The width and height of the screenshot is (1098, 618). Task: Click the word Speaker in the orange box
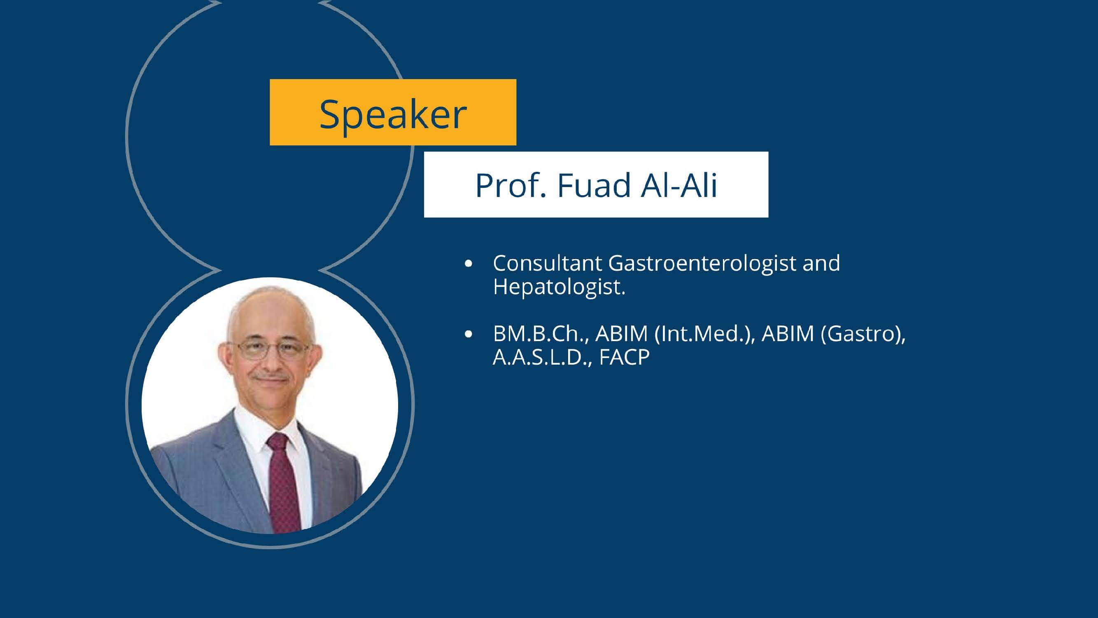[393, 114]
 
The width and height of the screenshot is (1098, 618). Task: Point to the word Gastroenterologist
[702, 263]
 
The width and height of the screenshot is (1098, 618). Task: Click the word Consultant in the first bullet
[547, 263]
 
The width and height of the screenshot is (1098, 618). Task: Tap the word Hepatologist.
[558, 287]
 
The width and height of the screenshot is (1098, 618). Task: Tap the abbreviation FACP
[624, 357]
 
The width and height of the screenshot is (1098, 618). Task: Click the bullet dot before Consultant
[469, 264]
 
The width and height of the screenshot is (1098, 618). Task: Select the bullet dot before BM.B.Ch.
[469, 335]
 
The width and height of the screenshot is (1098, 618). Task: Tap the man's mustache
[270, 377]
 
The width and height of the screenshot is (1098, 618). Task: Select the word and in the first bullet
[821, 263]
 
